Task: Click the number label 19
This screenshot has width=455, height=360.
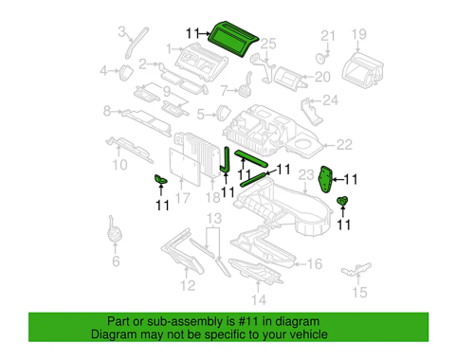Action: pyautogui.click(x=358, y=36)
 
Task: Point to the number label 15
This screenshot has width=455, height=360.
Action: pyautogui.click(x=358, y=293)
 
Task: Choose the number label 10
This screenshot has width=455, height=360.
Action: pyautogui.click(x=118, y=164)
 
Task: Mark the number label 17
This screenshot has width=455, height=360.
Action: pyautogui.click(x=183, y=198)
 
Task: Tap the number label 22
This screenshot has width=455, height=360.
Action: pyautogui.click(x=342, y=145)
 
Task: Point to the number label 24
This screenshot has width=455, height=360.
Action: pyautogui.click(x=329, y=100)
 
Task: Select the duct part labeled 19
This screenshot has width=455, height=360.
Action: pyautogui.click(x=364, y=69)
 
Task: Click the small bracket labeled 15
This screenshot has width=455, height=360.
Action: pyautogui.click(x=354, y=270)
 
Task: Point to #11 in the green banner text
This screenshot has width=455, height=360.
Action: pyautogui.click(x=268, y=320)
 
